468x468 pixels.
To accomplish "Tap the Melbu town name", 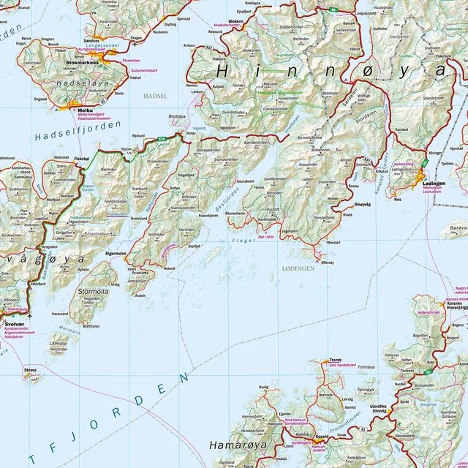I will (76, 109).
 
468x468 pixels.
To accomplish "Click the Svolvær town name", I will (15, 322).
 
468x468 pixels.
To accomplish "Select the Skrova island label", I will (30, 371).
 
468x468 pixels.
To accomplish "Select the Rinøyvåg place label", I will (363, 205).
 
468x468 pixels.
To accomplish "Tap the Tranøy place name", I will (336, 360).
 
